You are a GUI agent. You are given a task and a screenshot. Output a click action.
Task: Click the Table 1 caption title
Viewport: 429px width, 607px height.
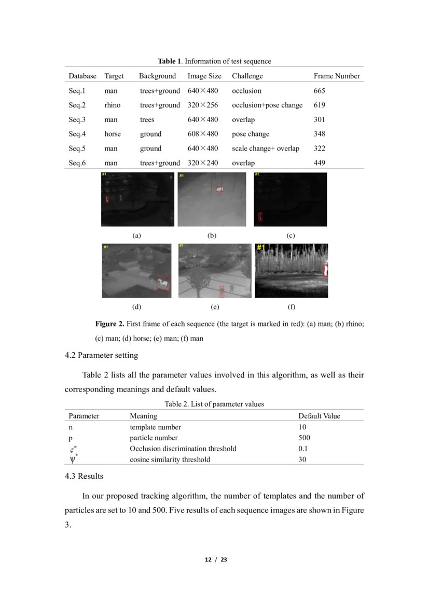(x=214, y=61)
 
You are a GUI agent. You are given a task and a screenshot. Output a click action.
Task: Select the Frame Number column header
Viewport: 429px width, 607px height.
(x=336, y=76)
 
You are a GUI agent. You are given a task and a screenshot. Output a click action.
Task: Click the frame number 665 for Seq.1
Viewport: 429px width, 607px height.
(x=320, y=91)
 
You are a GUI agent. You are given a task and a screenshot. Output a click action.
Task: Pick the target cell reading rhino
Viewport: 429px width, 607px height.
(x=113, y=105)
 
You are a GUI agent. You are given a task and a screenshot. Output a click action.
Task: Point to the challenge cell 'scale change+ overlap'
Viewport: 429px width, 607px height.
(x=266, y=149)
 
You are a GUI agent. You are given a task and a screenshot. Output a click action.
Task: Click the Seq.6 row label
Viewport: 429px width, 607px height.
(x=77, y=163)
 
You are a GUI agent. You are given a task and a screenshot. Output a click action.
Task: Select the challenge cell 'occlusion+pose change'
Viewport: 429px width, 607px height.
(x=267, y=105)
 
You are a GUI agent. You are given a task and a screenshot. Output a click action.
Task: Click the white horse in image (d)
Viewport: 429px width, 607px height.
(x=163, y=283)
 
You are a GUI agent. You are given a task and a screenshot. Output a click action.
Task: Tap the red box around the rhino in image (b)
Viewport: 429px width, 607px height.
(x=219, y=190)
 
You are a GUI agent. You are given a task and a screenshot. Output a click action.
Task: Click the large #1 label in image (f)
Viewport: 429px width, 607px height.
(x=260, y=248)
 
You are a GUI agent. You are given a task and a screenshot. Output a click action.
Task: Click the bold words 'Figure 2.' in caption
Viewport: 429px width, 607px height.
(x=109, y=323)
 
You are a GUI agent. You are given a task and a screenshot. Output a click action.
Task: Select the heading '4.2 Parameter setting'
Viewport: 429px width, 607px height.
(x=101, y=356)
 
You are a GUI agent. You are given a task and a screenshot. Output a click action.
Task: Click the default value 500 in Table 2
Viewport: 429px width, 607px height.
(x=305, y=438)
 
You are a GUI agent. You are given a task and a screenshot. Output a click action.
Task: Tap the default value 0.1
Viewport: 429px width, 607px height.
(x=303, y=449)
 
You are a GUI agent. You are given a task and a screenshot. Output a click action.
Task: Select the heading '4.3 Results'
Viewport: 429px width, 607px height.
(x=84, y=476)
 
